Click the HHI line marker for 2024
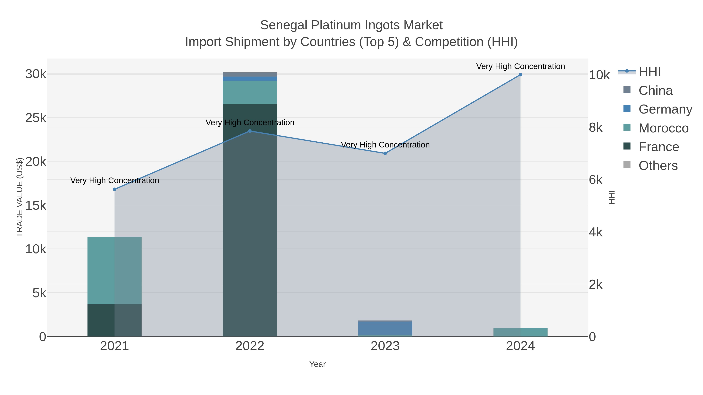click(x=520, y=75)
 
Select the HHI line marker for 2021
click(x=115, y=189)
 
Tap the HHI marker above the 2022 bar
click(x=250, y=131)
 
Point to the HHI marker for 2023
click(x=385, y=154)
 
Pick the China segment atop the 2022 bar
click(x=250, y=75)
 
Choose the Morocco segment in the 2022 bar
click(x=250, y=92)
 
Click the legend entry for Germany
click(x=665, y=109)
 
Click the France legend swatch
click(x=627, y=146)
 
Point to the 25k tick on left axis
click(x=36, y=118)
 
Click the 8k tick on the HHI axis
click(x=596, y=127)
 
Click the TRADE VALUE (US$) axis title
click(x=20, y=197)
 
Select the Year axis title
click(x=317, y=364)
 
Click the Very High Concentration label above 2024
click(x=520, y=66)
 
